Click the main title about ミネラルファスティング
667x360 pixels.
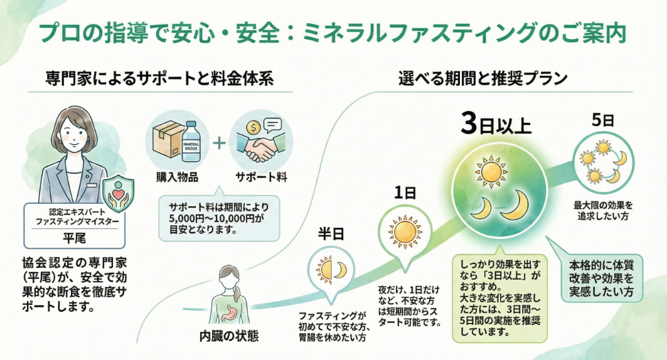333,33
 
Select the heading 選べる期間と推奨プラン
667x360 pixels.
483,79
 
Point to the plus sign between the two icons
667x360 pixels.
218,142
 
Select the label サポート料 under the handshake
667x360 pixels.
263,177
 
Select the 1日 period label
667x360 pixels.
405,193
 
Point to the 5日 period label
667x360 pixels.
602,121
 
